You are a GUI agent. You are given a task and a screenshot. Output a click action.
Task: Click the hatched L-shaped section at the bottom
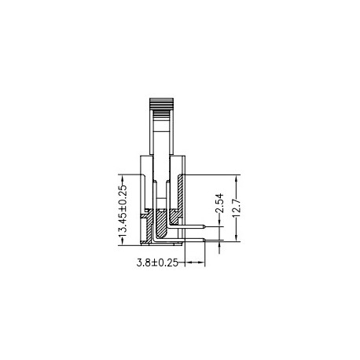(163, 228)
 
